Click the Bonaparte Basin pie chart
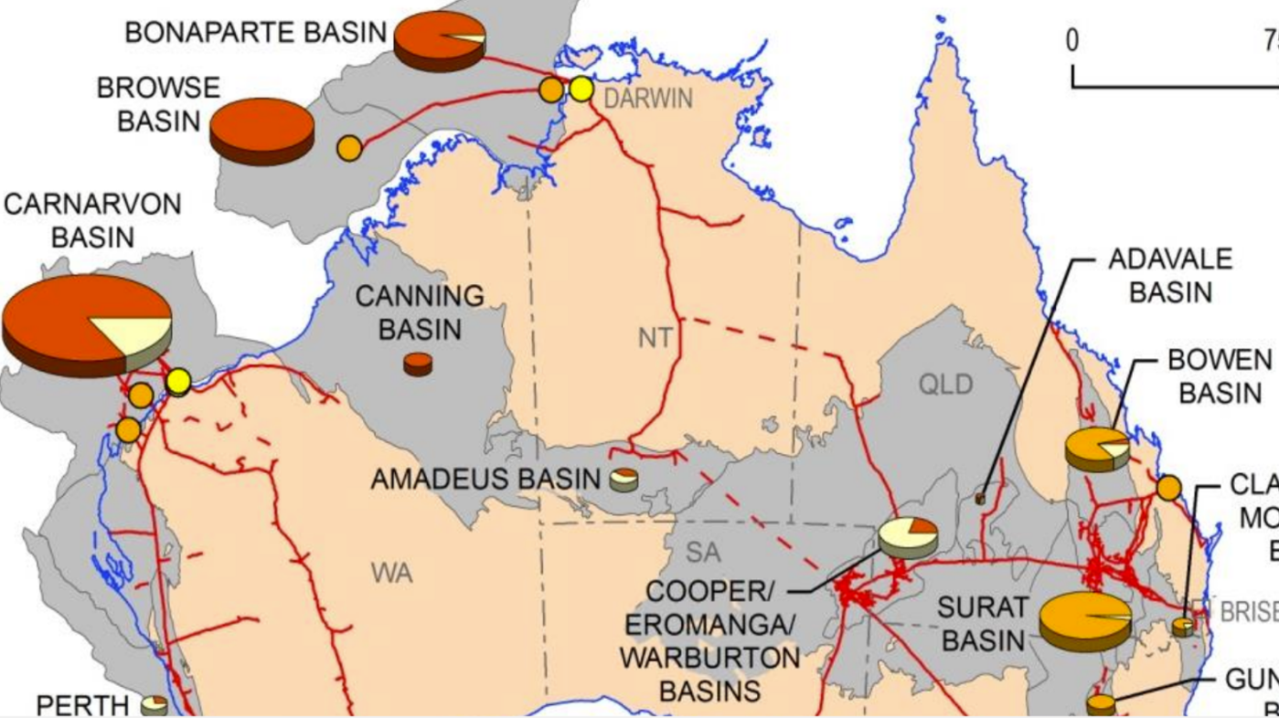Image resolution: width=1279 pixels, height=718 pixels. [440, 38]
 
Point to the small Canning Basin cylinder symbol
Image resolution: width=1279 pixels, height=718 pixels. [418, 364]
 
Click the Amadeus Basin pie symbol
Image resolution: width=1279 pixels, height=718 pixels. [624, 479]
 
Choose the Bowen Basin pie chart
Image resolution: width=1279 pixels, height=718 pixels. [1097, 448]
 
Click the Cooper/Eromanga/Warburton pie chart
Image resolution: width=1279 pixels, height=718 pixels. [908, 538]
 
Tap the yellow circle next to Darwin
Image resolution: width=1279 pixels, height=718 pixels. [581, 89]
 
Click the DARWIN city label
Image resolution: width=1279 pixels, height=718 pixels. [648, 99]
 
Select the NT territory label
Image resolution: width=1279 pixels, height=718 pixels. [655, 339]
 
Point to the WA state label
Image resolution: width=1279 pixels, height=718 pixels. [392, 574]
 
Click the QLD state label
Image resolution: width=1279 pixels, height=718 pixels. [945, 385]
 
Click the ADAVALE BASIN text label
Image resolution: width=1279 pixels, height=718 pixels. [1170, 275]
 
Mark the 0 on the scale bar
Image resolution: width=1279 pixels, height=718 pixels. [1071, 40]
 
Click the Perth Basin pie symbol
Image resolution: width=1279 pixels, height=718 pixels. [154, 704]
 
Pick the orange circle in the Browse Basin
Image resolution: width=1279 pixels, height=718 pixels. [349, 148]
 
